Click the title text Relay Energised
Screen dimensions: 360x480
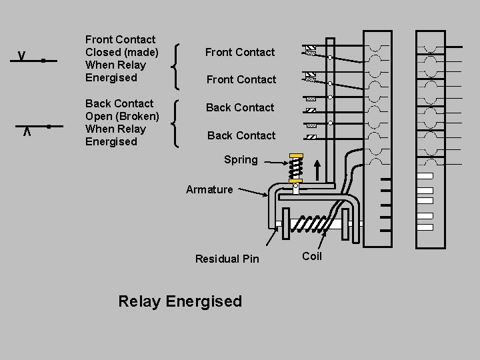(179, 301)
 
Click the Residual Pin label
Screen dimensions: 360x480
(227, 259)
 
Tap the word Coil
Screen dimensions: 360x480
(311, 256)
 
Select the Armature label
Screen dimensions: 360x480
(209, 189)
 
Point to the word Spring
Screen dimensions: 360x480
(241, 160)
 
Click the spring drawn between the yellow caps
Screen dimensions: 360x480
(296, 167)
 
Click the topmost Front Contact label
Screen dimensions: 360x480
(239, 52)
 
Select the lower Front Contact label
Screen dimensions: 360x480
(241, 79)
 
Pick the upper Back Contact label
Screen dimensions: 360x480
(239, 107)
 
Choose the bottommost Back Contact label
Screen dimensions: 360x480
(241, 135)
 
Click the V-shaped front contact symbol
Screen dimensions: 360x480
(22, 55)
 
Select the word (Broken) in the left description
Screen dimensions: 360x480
(137, 116)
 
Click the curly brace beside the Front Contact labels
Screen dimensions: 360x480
(177, 65)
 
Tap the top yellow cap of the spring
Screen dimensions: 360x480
(296, 155)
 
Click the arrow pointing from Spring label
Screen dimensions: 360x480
(273, 160)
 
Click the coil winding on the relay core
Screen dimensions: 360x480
(313, 225)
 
